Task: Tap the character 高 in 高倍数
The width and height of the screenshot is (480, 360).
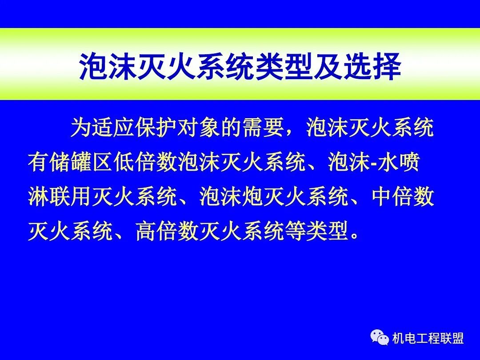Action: point(146,231)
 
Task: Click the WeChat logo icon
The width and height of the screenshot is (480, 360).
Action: point(380,338)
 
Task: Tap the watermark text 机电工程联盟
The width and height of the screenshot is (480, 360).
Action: point(428,339)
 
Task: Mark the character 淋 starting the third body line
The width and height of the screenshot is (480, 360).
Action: point(38,197)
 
